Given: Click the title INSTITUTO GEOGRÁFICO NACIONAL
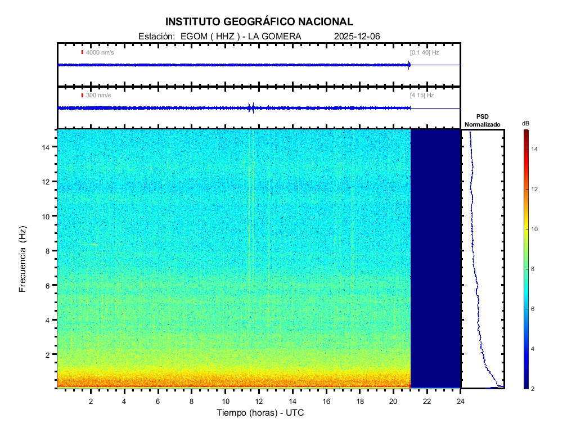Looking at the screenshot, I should tap(259, 22).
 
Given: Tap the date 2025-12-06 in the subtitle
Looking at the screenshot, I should tap(357, 37).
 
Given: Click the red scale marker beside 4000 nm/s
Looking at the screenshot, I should tap(82, 52).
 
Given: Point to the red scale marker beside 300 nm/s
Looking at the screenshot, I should tap(82, 95).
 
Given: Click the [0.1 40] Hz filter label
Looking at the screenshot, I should tap(424, 52).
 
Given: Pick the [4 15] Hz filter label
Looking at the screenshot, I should tap(422, 95).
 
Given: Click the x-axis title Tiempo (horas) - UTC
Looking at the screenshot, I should tap(260, 412).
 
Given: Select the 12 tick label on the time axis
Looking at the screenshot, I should tap(259, 401).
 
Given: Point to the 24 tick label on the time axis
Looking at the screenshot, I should tap(461, 401).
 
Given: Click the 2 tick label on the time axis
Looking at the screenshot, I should tap(91, 401).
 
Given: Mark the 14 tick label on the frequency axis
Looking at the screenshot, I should tap(47, 147).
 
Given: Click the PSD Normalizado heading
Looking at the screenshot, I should tap(482, 120).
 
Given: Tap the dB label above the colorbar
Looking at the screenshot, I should tap(525, 123).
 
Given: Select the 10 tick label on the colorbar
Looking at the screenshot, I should tap(535, 229).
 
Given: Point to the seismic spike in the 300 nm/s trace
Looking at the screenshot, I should tap(251, 107).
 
